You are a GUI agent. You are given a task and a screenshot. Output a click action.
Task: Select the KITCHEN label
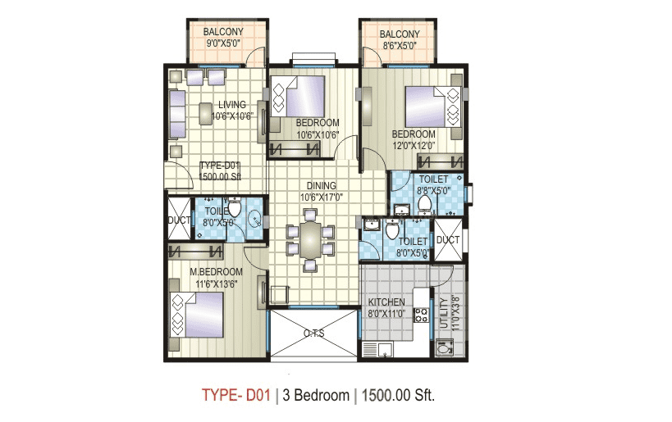click(386, 302)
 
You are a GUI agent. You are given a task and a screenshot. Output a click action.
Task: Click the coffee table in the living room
click(206, 114)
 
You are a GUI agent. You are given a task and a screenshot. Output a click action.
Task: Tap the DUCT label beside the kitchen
click(448, 240)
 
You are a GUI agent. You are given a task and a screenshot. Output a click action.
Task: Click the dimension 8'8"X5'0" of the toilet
click(432, 189)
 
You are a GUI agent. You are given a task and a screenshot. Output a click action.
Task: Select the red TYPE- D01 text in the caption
click(235, 396)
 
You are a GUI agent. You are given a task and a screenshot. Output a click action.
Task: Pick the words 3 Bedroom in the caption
click(316, 396)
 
